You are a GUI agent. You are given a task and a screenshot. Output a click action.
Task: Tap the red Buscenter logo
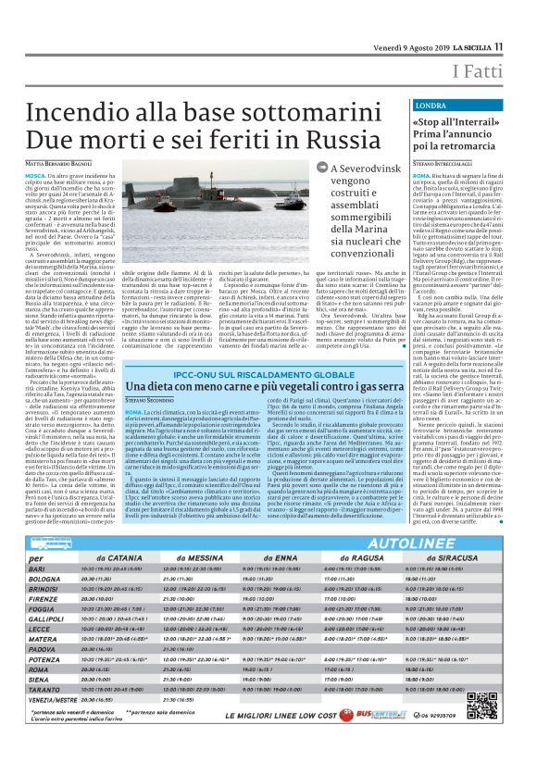point(386,739)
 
